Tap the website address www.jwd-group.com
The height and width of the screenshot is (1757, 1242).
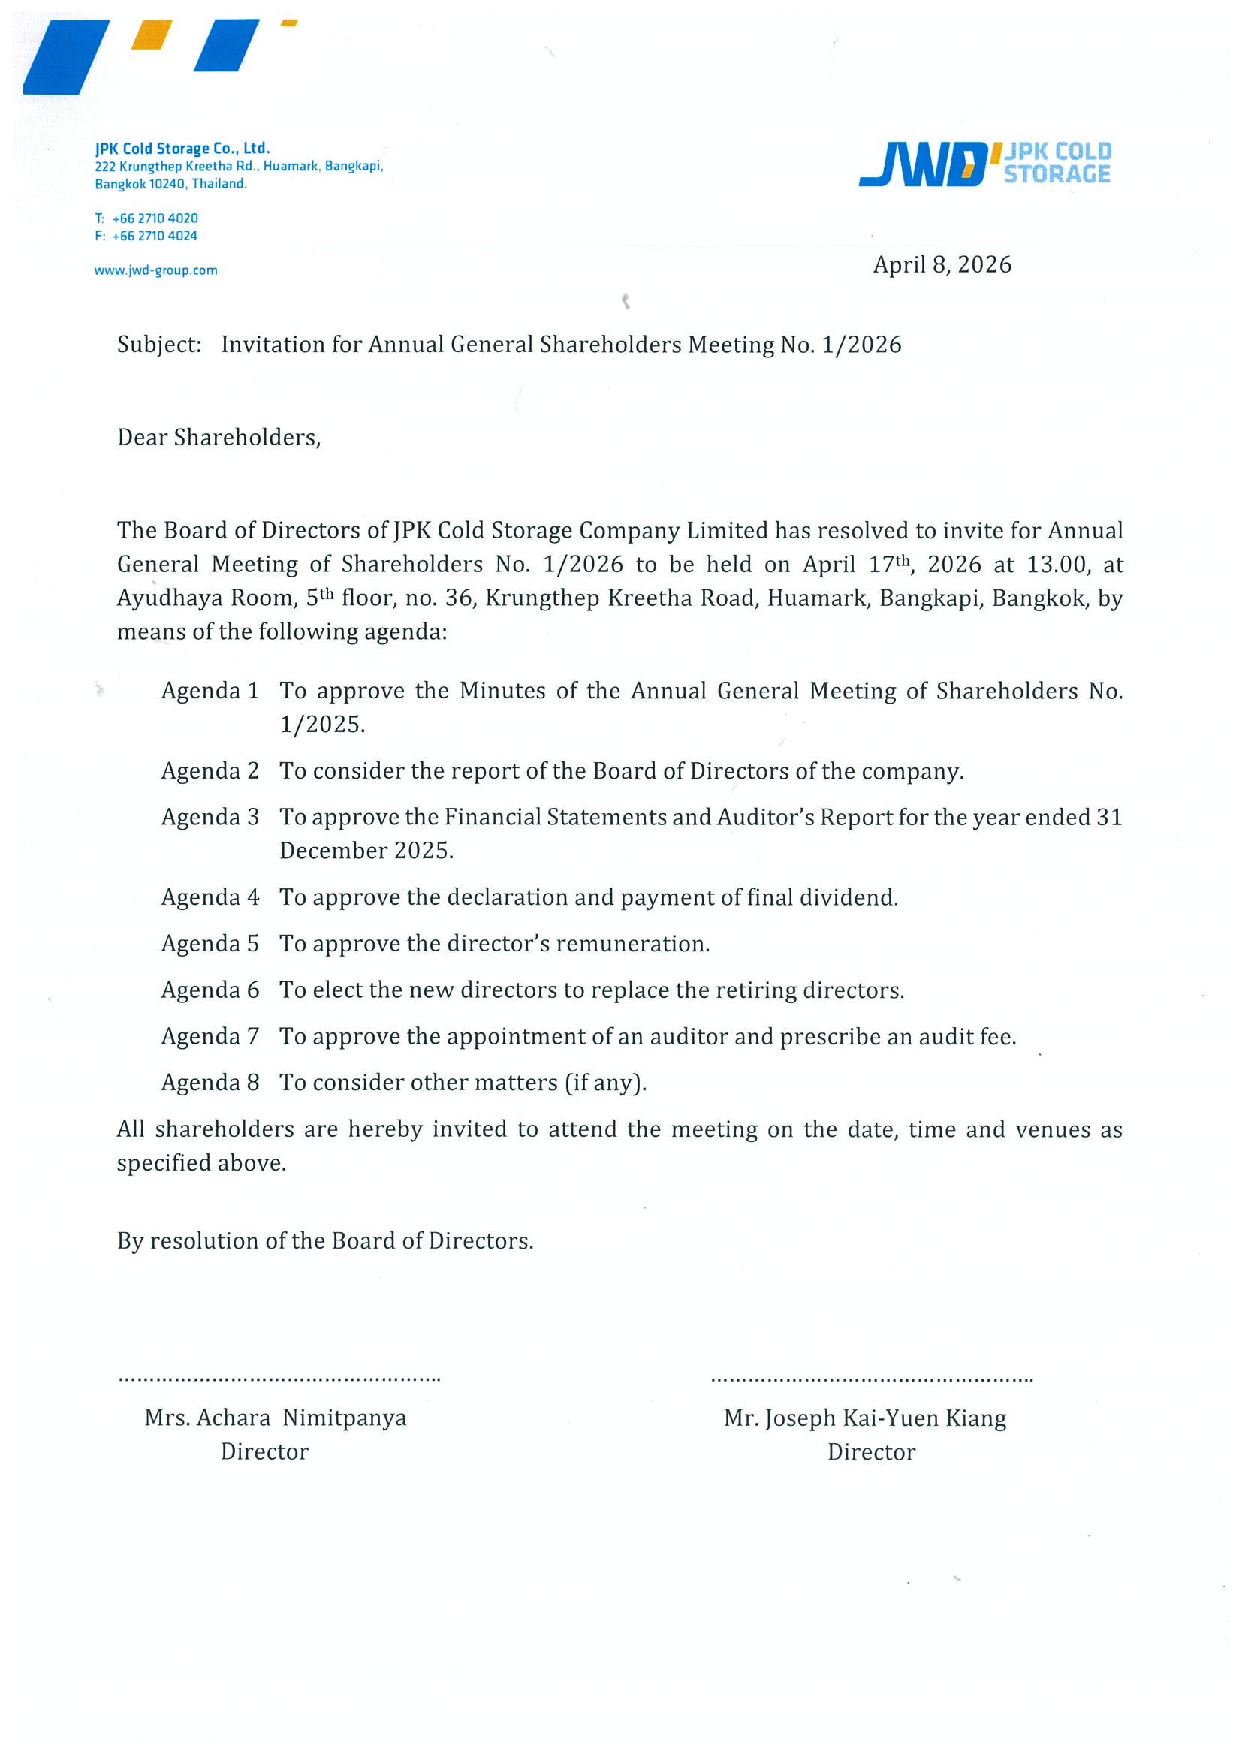(x=156, y=270)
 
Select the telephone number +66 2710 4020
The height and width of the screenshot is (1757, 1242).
(x=155, y=218)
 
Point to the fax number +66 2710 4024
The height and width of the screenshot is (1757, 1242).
(x=155, y=236)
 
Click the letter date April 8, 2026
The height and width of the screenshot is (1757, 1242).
(x=942, y=265)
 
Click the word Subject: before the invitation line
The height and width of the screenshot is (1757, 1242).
(x=159, y=345)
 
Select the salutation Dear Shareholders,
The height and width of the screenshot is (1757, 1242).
(x=219, y=438)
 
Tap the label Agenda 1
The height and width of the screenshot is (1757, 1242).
(x=210, y=691)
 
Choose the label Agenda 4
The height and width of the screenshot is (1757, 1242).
(x=210, y=897)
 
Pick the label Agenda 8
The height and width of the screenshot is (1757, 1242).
(x=210, y=1083)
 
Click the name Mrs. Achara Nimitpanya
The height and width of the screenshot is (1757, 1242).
(x=276, y=1418)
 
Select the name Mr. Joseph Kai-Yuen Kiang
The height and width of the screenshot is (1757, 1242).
(x=865, y=1419)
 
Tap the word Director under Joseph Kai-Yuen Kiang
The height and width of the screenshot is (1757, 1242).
(x=871, y=1452)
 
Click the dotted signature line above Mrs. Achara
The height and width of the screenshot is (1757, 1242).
(x=279, y=1380)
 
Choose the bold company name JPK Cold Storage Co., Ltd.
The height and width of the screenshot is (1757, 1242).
(x=182, y=149)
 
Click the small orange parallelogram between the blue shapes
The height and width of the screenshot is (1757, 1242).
(x=152, y=35)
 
